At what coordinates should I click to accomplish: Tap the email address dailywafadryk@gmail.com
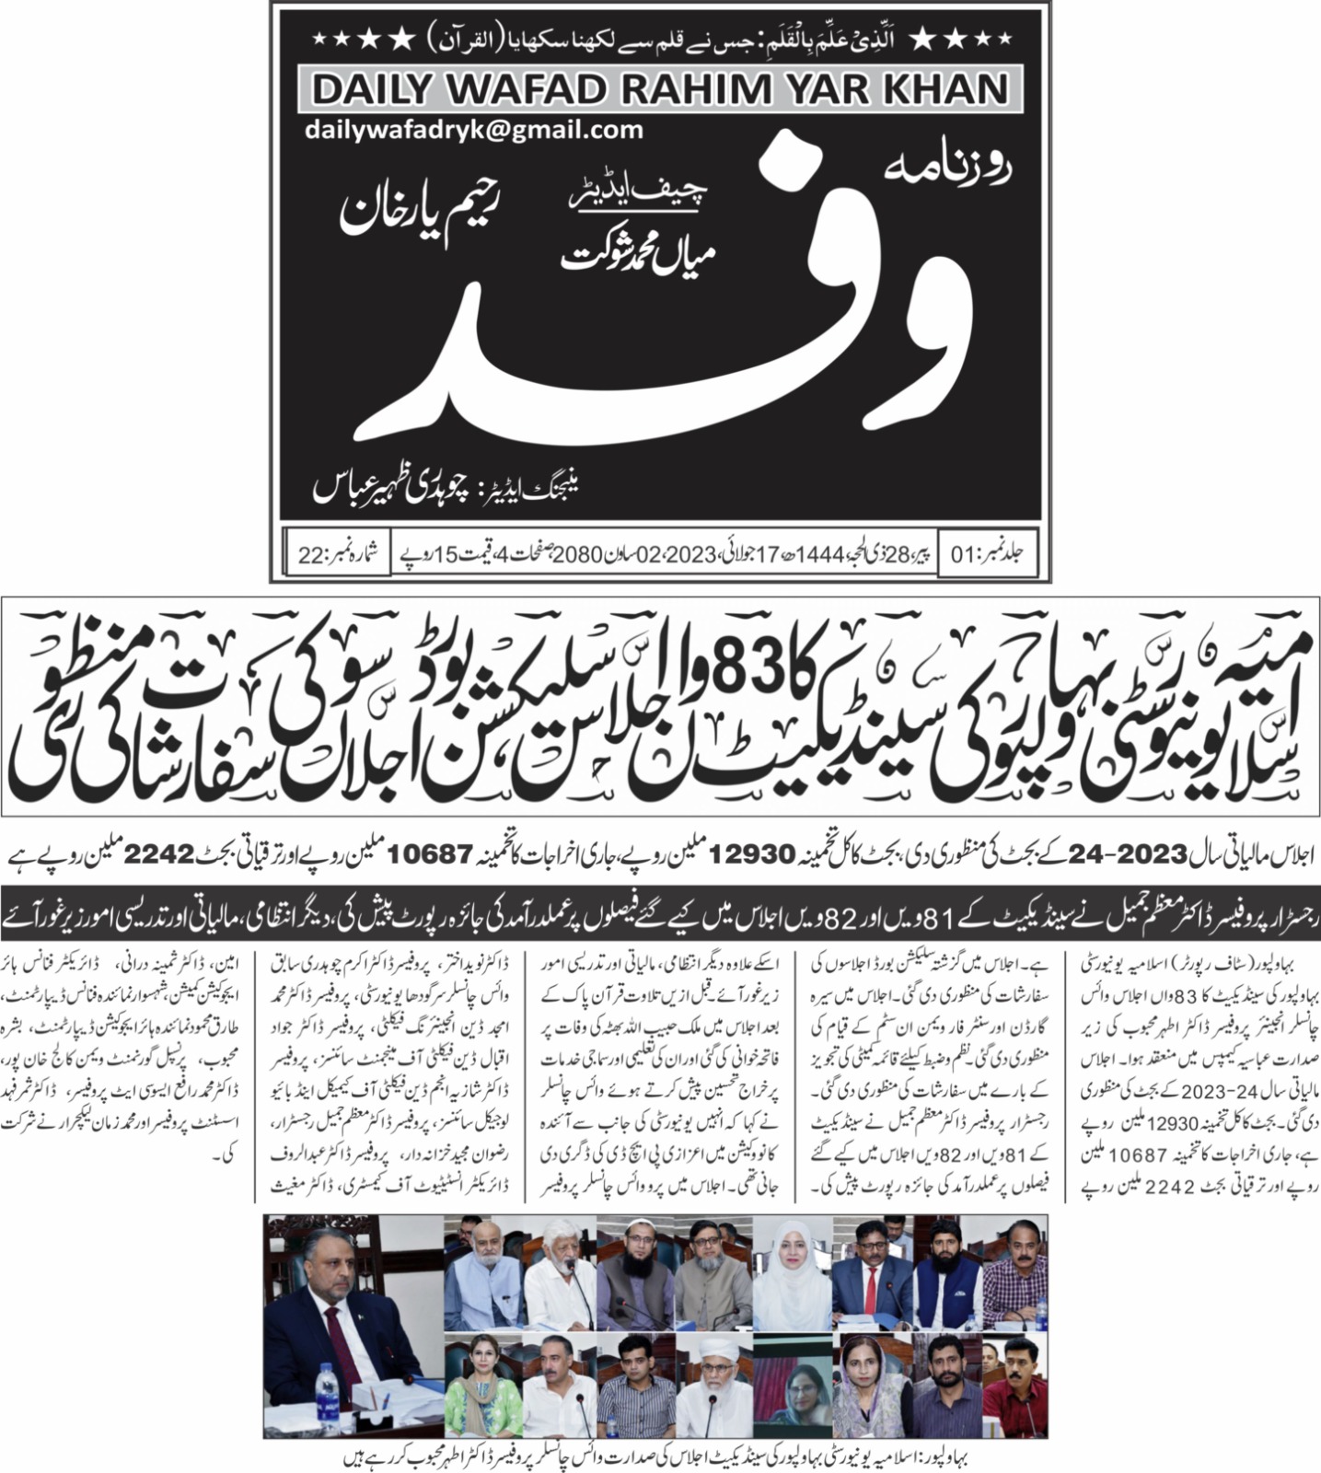point(474,130)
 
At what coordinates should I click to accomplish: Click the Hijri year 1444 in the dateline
point(819,555)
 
